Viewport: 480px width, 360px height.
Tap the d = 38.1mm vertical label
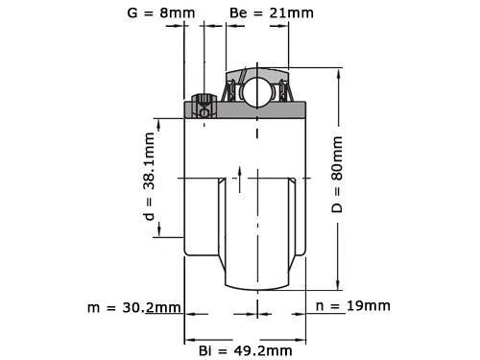(x=150, y=178)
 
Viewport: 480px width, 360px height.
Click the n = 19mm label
(x=352, y=306)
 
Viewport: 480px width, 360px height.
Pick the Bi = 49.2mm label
(x=244, y=351)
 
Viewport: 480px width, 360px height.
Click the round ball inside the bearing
(x=256, y=91)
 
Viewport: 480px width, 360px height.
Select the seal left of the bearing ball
(x=230, y=92)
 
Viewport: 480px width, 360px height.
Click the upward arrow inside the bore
(x=237, y=173)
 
